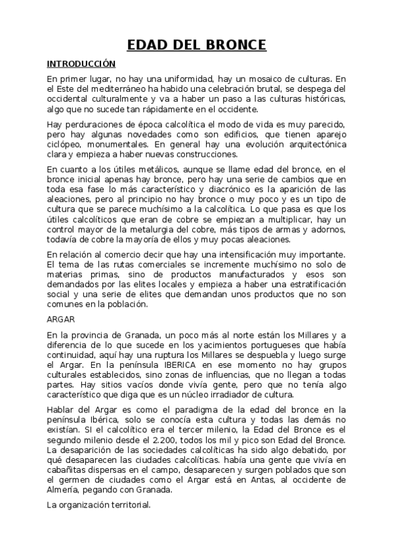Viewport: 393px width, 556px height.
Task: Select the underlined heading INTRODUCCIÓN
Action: [x=81, y=64]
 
